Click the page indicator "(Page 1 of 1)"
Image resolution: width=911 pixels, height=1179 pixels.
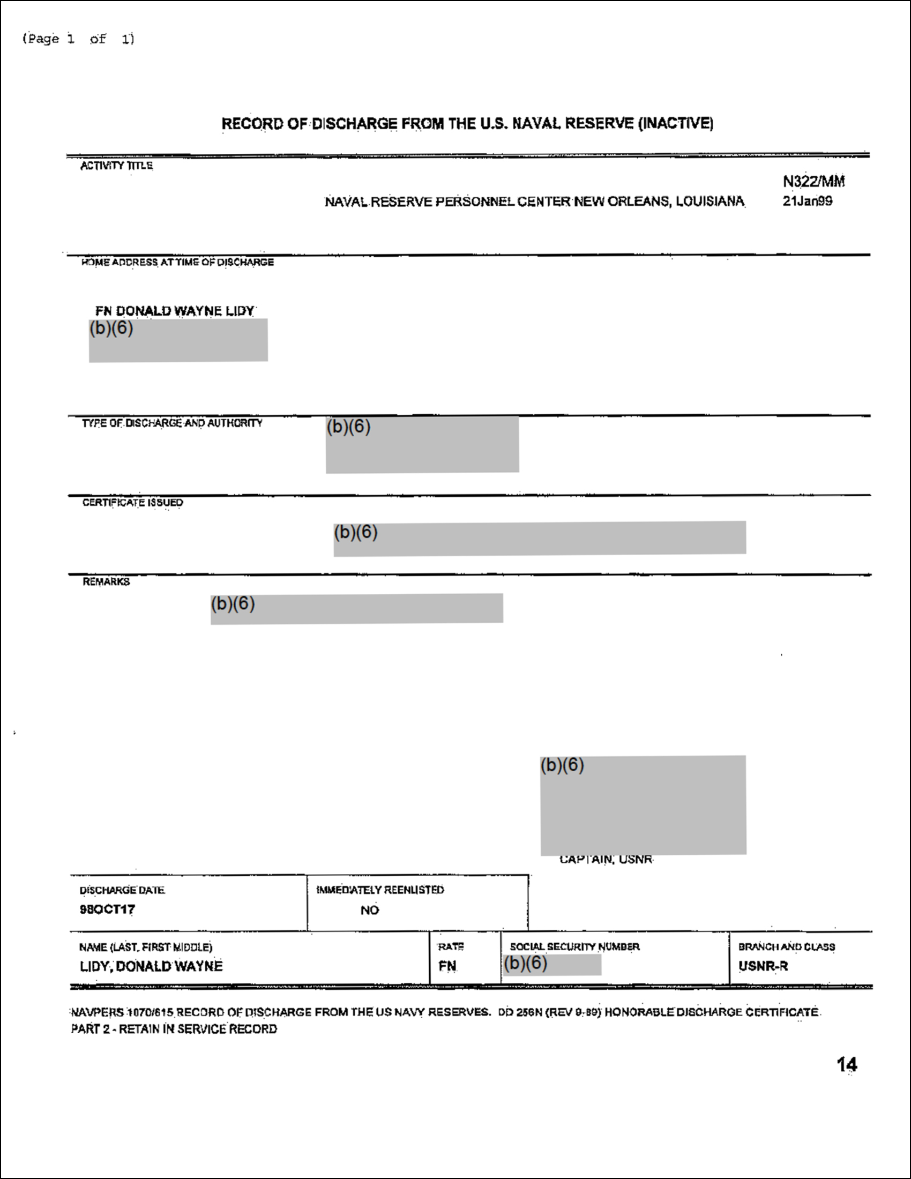tap(78, 39)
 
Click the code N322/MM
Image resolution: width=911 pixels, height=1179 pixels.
tap(813, 181)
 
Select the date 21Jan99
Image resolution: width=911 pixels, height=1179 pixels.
tap(808, 202)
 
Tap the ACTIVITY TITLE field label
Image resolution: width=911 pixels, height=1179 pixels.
tap(117, 166)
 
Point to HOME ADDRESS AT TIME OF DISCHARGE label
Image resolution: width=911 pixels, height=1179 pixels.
tap(177, 263)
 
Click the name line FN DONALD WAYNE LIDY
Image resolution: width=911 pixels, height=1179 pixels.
tap(175, 311)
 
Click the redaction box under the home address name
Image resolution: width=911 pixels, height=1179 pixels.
tap(178, 340)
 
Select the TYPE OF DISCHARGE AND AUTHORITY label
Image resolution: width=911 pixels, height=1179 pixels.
tap(172, 423)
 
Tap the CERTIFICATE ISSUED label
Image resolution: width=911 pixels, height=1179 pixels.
tap(133, 503)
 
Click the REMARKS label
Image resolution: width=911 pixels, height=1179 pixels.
tap(106, 581)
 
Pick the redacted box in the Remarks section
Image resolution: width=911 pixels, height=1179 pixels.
tap(357, 608)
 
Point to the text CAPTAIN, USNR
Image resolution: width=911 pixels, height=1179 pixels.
tap(606, 860)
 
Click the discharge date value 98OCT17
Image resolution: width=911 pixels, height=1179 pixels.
tap(107, 909)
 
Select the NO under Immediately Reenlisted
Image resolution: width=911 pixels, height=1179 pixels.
tap(370, 910)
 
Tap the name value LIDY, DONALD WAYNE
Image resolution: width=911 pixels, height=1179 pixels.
tap(151, 966)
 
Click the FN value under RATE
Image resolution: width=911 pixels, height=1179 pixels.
tap(447, 966)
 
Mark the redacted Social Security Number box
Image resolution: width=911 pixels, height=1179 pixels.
tap(551, 965)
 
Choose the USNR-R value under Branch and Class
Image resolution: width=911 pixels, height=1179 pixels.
tap(763, 966)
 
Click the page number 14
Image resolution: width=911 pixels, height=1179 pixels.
tap(847, 1064)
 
